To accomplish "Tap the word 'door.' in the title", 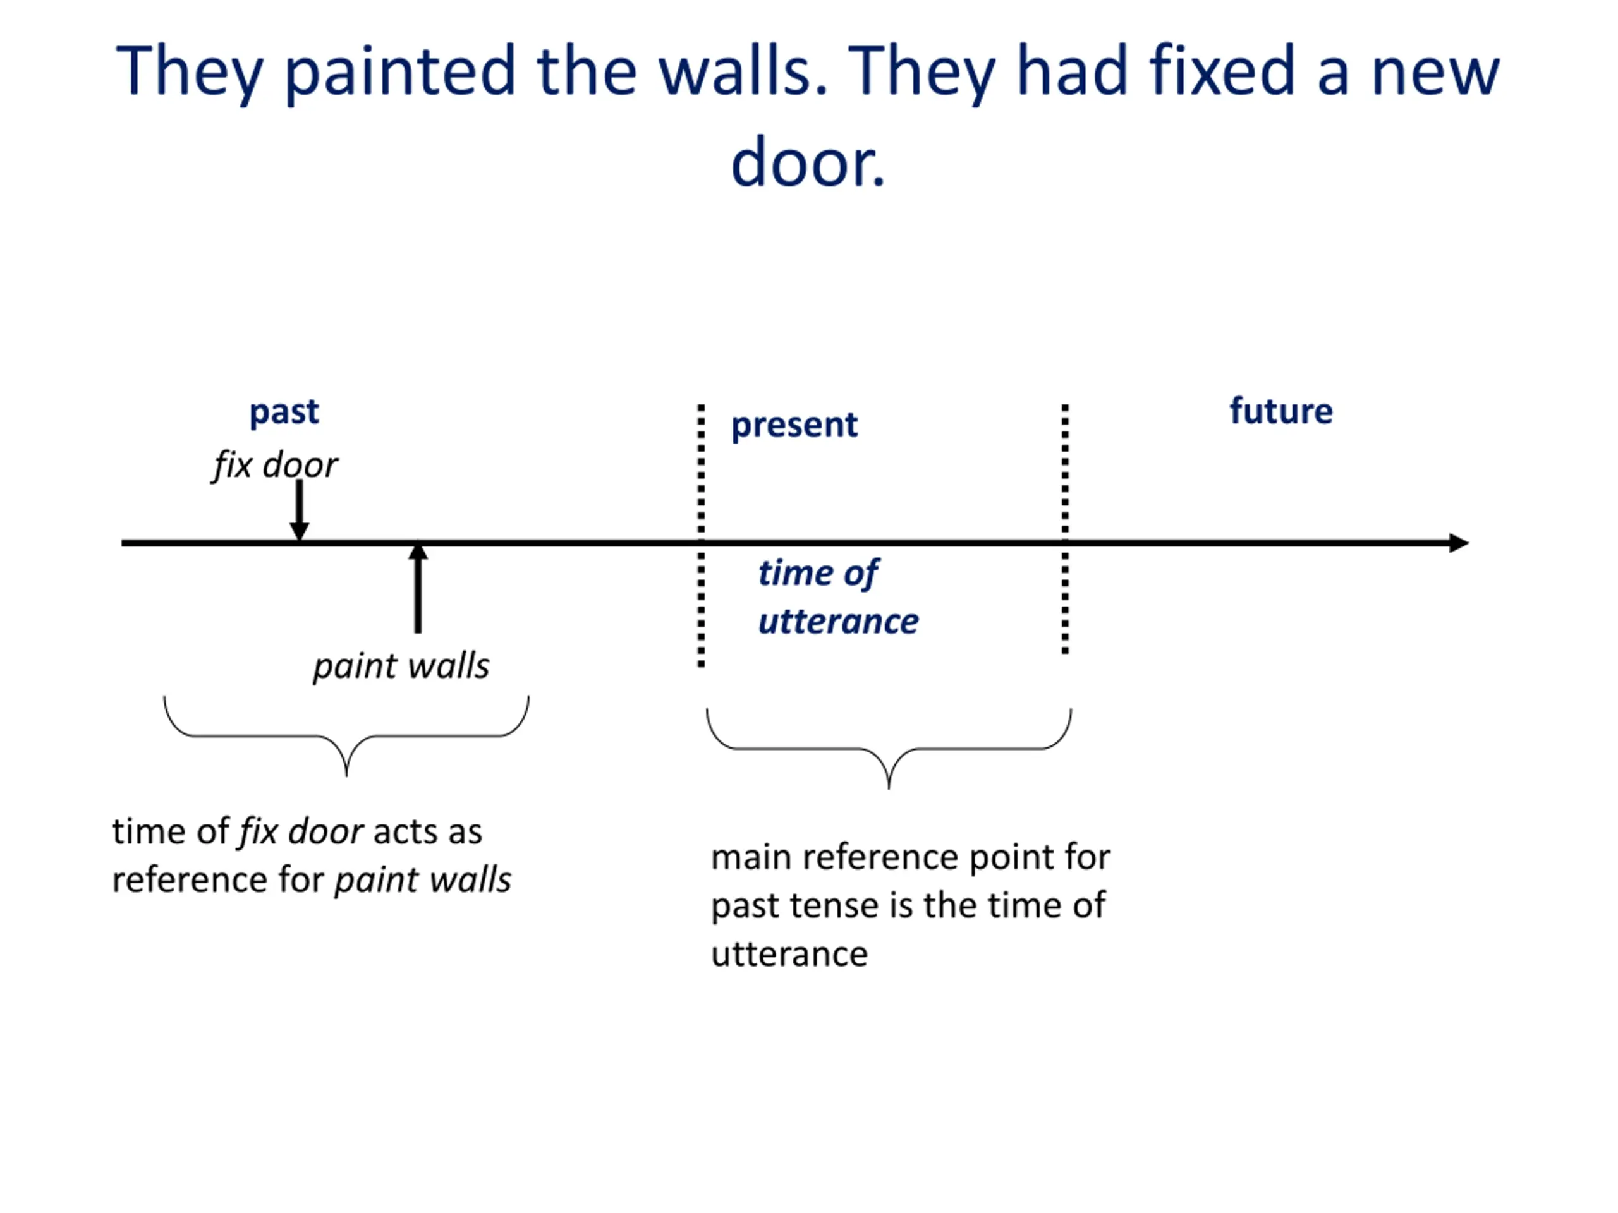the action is point(808,162).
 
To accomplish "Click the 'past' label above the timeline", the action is point(284,413).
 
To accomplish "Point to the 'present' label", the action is point(794,425).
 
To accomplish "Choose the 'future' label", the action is point(1280,411).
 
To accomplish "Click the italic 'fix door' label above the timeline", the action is point(275,465).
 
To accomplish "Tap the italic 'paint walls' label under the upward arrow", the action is point(401,666).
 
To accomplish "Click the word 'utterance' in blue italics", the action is point(838,622).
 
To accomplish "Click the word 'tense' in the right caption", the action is point(837,906).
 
